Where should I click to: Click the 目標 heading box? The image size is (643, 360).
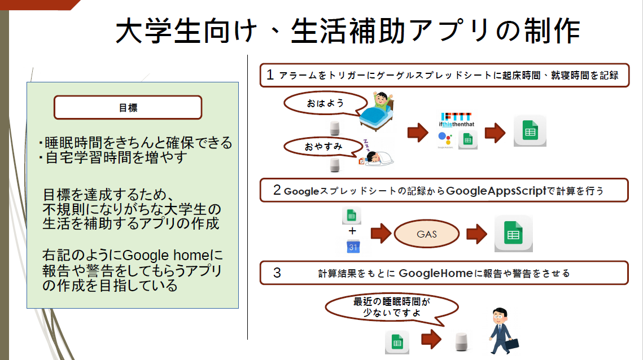click(x=128, y=107)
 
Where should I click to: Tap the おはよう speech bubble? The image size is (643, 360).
click(x=322, y=104)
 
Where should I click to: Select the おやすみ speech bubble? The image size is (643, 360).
click(x=322, y=147)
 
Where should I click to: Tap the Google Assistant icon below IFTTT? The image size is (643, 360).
click(x=445, y=139)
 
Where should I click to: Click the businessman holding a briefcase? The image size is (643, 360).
click(x=500, y=331)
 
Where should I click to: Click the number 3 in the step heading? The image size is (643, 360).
click(x=277, y=273)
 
